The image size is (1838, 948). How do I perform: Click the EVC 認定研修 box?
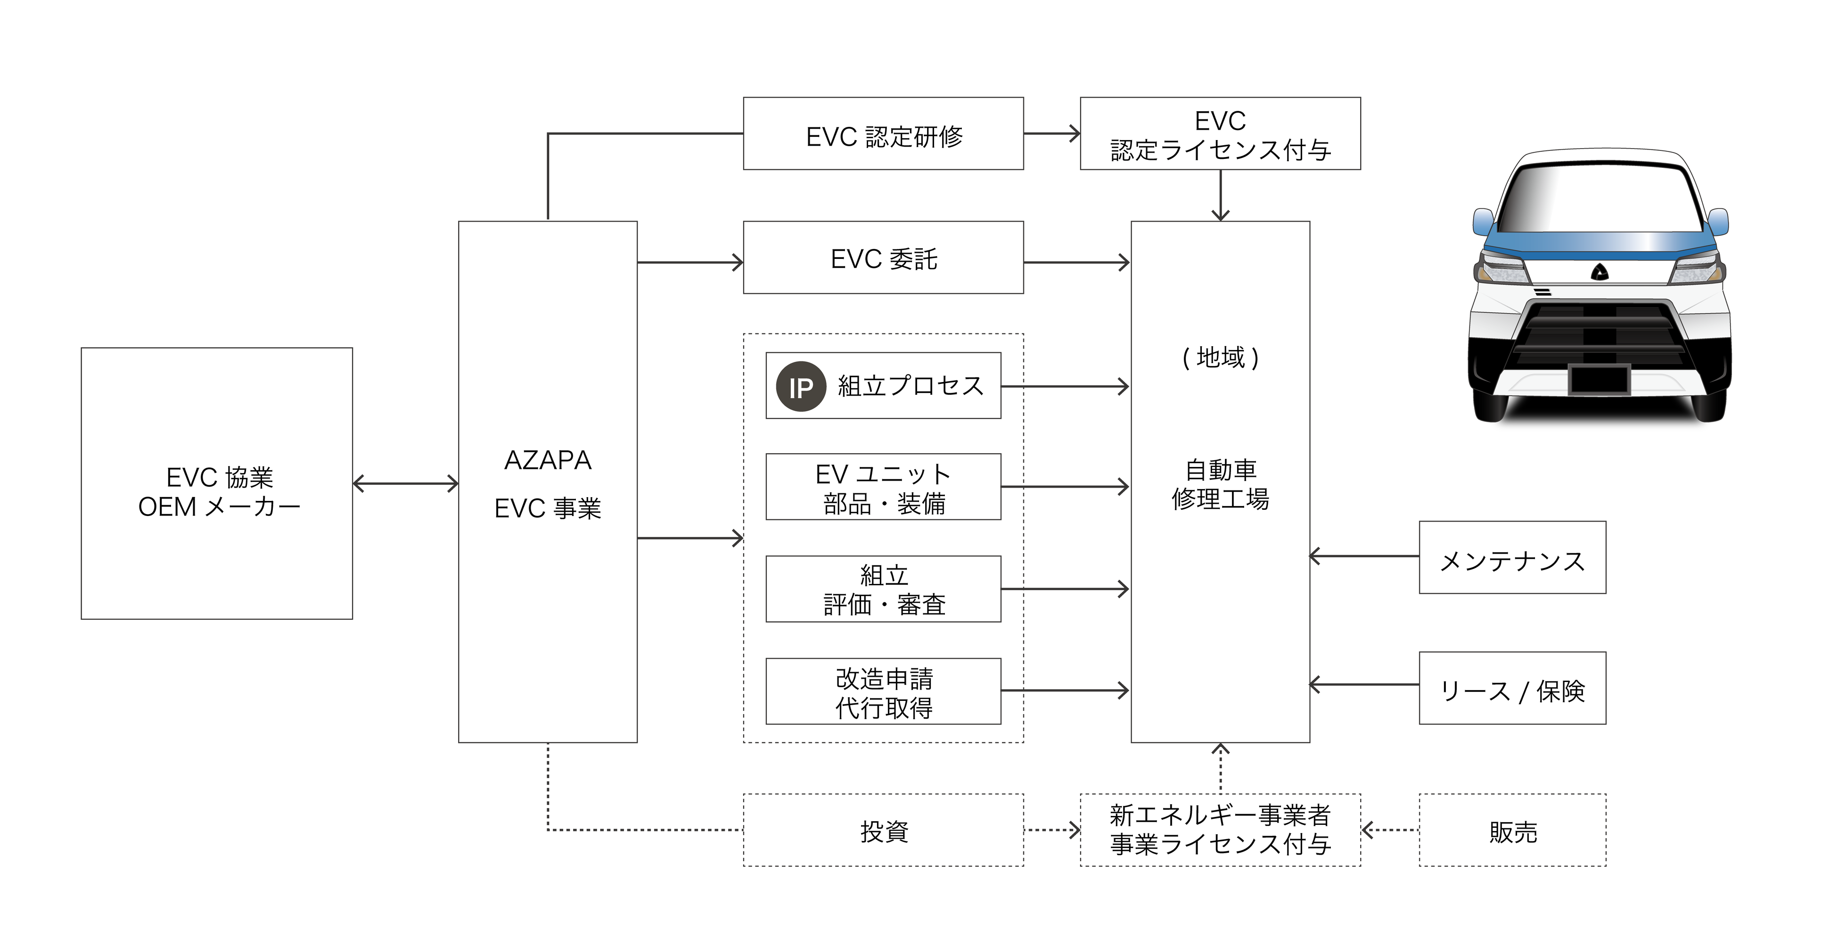click(x=883, y=133)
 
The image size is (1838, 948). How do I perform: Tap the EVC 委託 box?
click(x=883, y=258)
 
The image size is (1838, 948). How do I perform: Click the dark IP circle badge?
click(x=801, y=387)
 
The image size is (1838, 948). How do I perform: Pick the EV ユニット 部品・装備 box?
click(x=883, y=487)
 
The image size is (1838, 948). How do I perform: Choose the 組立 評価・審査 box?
click(x=883, y=589)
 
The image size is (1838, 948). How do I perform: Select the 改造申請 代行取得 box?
click(x=883, y=691)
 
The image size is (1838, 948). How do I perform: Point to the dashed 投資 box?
click(x=883, y=830)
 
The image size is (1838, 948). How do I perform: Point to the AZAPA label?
click(x=547, y=460)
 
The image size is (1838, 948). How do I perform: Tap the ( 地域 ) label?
click(x=1220, y=357)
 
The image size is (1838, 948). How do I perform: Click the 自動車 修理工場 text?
click(x=1220, y=484)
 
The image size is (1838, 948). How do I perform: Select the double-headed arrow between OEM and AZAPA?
click(x=405, y=484)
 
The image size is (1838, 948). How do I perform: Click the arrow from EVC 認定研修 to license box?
click(x=1052, y=133)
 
